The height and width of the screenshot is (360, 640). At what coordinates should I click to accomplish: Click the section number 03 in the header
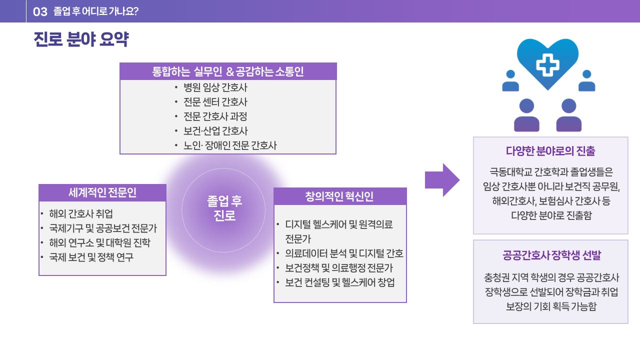40,11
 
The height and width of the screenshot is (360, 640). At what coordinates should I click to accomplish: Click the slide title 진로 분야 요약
81,39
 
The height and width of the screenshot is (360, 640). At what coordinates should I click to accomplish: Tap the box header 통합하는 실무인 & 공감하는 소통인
227,71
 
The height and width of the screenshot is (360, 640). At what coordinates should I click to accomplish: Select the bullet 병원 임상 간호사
215,87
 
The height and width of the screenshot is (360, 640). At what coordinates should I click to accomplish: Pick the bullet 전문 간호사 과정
215,116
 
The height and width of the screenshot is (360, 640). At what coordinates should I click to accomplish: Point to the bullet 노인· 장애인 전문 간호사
230,145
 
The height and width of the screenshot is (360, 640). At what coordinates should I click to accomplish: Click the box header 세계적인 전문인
102,192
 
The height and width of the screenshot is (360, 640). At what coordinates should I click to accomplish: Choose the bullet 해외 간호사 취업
81,213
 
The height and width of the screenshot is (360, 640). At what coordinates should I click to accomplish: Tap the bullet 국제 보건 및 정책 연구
91,257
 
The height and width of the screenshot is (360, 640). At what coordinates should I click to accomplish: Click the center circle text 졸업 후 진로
224,208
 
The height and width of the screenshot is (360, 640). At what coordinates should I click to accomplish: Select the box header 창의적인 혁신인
339,196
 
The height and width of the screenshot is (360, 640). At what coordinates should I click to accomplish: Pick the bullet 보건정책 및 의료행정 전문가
339,268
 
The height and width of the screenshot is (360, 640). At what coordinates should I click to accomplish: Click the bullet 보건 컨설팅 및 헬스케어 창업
340,282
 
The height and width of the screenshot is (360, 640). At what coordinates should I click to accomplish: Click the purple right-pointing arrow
442,180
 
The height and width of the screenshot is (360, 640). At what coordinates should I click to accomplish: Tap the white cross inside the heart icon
547,65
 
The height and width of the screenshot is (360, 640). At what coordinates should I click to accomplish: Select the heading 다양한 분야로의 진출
550,151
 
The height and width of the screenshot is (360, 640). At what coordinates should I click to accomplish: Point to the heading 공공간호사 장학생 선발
551,255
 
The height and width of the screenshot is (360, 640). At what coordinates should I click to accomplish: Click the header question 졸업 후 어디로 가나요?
96,11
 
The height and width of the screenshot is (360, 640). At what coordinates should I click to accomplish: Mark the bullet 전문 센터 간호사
215,102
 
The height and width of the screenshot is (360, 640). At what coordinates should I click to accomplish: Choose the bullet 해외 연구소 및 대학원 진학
99,243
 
